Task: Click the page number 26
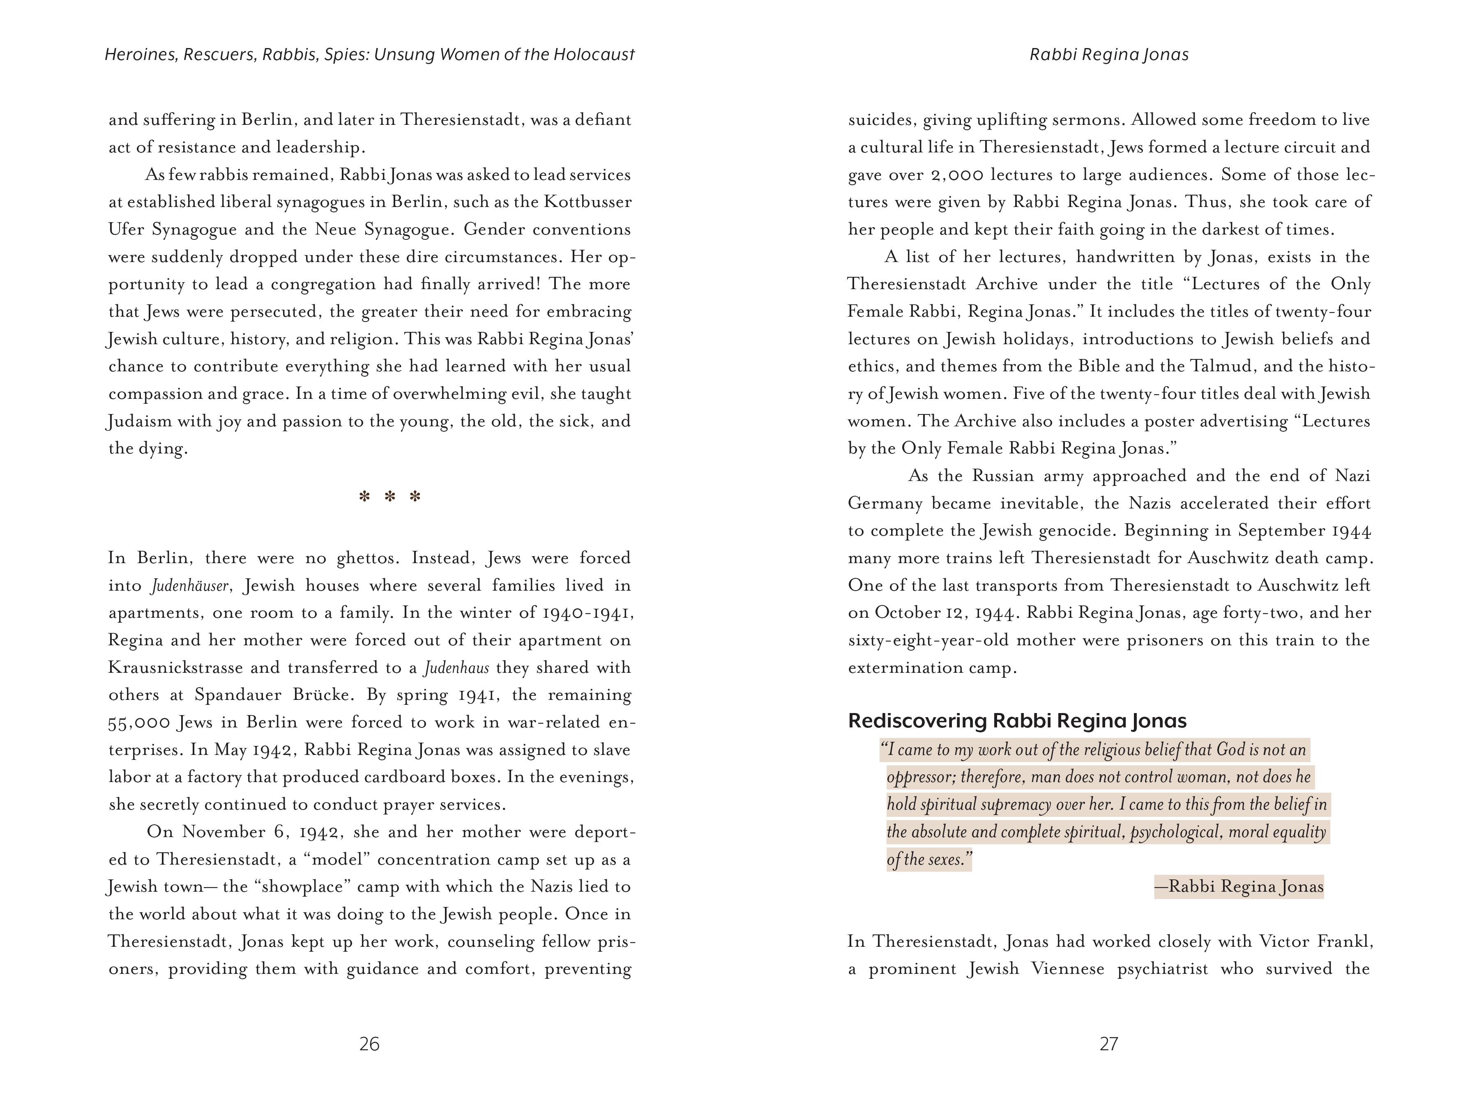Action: click(x=369, y=1044)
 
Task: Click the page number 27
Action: click(x=1108, y=1044)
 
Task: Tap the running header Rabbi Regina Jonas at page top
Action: click(x=1108, y=55)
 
